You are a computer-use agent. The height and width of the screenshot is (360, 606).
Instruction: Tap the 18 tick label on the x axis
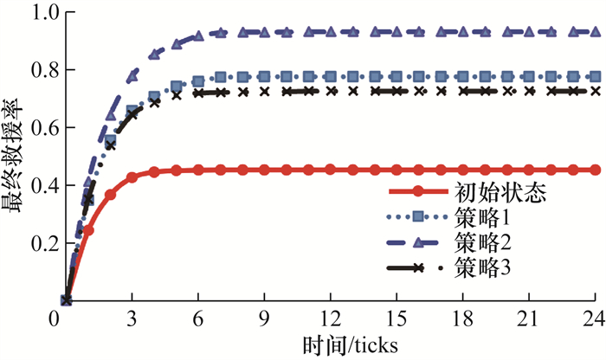tap(463, 318)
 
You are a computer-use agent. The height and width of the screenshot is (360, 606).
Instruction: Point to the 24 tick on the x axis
tap(594, 318)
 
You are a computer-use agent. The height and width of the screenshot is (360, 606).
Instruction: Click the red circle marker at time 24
tap(595, 170)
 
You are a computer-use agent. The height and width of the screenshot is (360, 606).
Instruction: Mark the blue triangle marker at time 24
tap(595, 31)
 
